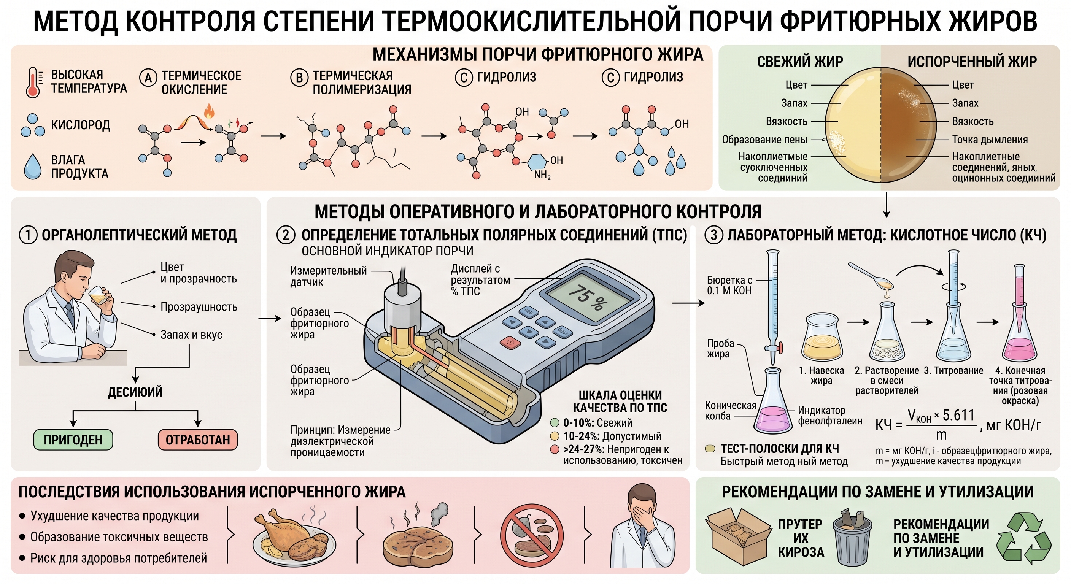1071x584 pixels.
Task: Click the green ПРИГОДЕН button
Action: (73, 440)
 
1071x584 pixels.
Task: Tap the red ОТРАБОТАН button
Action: (198, 440)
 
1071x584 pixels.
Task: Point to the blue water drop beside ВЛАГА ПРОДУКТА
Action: (33, 166)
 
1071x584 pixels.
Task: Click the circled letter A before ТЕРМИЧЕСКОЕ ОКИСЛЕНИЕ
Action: (148, 77)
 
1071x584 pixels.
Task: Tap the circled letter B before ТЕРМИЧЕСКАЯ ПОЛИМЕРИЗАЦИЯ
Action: (299, 77)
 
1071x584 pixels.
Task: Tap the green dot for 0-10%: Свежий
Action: (554, 423)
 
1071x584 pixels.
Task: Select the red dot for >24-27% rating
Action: (554, 449)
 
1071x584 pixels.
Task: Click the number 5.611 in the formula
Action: (958, 415)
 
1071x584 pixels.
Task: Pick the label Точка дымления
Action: (990, 140)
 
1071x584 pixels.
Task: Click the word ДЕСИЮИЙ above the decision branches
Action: (135, 392)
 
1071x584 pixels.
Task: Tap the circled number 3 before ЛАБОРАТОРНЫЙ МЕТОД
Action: (714, 235)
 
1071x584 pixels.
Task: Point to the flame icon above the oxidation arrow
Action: (209, 112)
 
